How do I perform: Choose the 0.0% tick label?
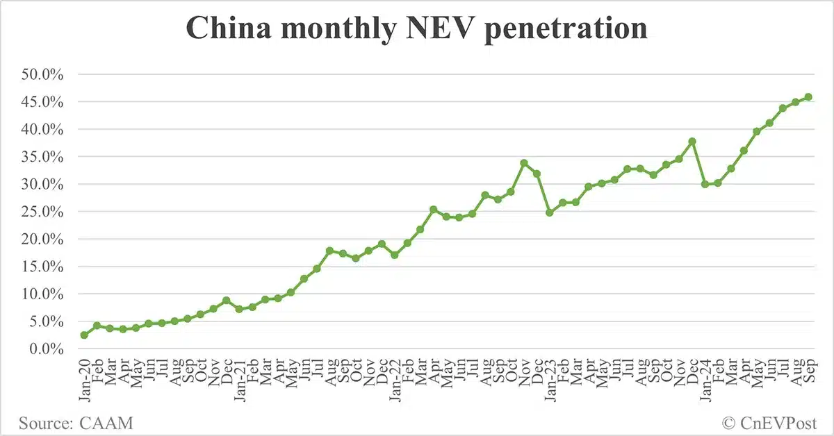[x=48, y=349]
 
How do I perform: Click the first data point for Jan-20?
[x=84, y=335]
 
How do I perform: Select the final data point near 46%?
[x=808, y=97]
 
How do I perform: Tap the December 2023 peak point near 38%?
[x=692, y=142]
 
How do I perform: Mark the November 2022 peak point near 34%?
[x=524, y=163]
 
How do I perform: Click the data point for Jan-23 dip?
[x=549, y=212]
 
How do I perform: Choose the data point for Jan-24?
[x=705, y=184]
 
